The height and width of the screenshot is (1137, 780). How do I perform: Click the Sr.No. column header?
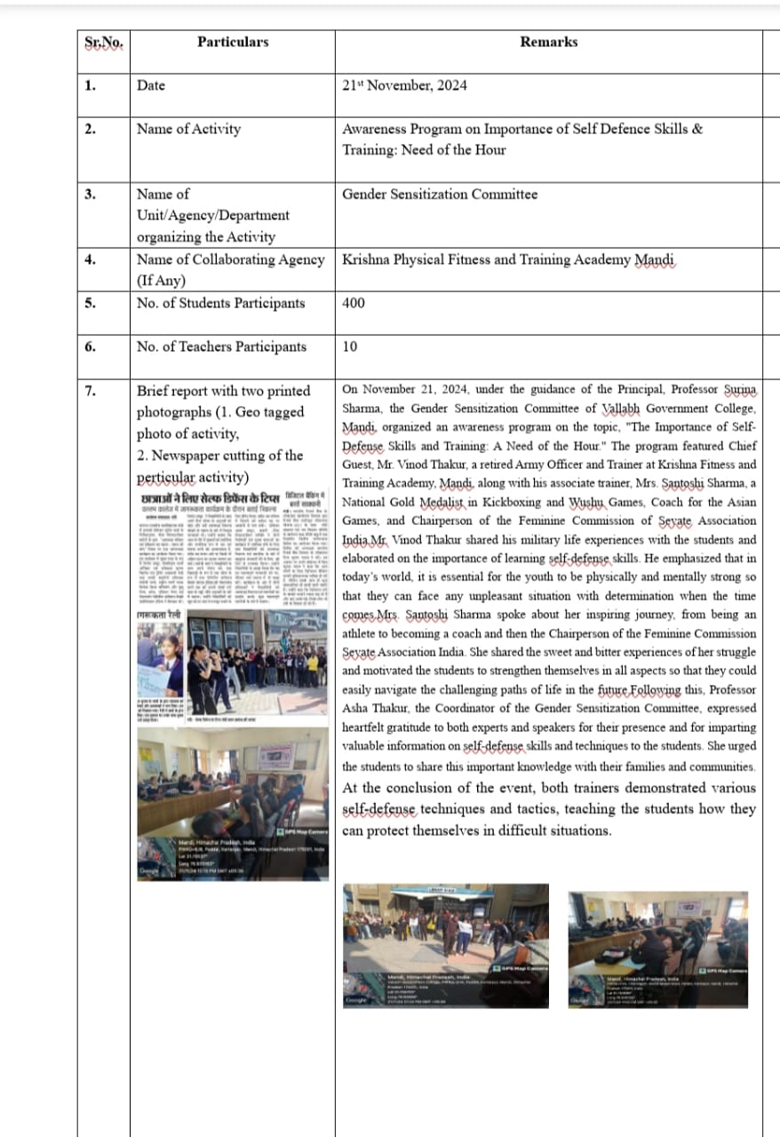(x=103, y=43)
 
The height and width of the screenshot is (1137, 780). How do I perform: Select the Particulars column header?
(x=233, y=42)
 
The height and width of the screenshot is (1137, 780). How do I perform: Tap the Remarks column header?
(x=548, y=42)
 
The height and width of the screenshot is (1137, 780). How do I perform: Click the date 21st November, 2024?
(x=404, y=85)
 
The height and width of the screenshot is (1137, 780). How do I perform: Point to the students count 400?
(x=354, y=303)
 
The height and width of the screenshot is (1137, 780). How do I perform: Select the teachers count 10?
(x=349, y=346)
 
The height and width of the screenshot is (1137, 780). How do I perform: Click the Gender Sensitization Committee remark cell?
(x=440, y=194)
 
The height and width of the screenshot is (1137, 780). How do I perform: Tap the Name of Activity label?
(x=188, y=129)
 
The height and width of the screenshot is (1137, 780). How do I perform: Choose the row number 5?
(x=91, y=303)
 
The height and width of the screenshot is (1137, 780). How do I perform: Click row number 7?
(x=91, y=390)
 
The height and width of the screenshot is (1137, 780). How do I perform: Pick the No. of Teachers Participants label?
(x=221, y=346)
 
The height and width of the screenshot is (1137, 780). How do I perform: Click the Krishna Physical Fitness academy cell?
(x=508, y=259)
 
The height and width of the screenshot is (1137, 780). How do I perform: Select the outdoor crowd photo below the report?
(x=446, y=945)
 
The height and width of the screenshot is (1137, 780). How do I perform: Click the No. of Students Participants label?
(x=220, y=303)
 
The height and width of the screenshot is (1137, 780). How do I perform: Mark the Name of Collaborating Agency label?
(x=230, y=259)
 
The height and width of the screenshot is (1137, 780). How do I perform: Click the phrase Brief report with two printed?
(x=223, y=390)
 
